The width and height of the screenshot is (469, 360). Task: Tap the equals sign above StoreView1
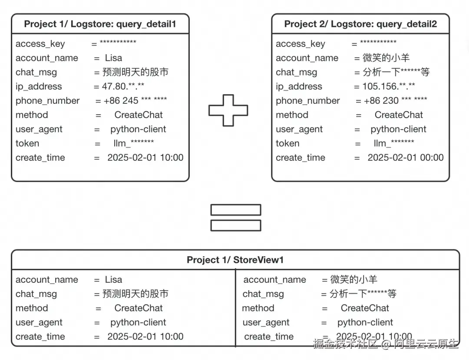(235, 218)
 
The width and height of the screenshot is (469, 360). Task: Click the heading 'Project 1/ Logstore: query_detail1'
(100, 24)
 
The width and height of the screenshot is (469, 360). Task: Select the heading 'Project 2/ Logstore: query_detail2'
(360, 24)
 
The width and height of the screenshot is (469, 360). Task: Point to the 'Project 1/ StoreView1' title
(235, 260)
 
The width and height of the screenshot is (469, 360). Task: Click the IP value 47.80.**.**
(123, 86)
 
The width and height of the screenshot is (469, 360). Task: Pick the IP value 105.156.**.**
(389, 86)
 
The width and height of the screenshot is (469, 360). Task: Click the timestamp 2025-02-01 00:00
(406, 158)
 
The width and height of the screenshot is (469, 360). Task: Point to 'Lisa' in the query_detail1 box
(113, 58)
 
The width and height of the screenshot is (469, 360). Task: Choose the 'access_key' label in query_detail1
(40, 44)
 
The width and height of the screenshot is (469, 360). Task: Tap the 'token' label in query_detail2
(287, 143)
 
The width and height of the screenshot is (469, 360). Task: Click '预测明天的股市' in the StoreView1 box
(135, 294)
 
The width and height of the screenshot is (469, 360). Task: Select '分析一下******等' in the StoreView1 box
(363, 294)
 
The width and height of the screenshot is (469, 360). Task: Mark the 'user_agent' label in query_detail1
(39, 129)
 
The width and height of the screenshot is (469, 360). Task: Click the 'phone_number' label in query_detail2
(308, 101)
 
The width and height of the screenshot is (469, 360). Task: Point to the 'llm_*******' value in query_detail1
(133, 143)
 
